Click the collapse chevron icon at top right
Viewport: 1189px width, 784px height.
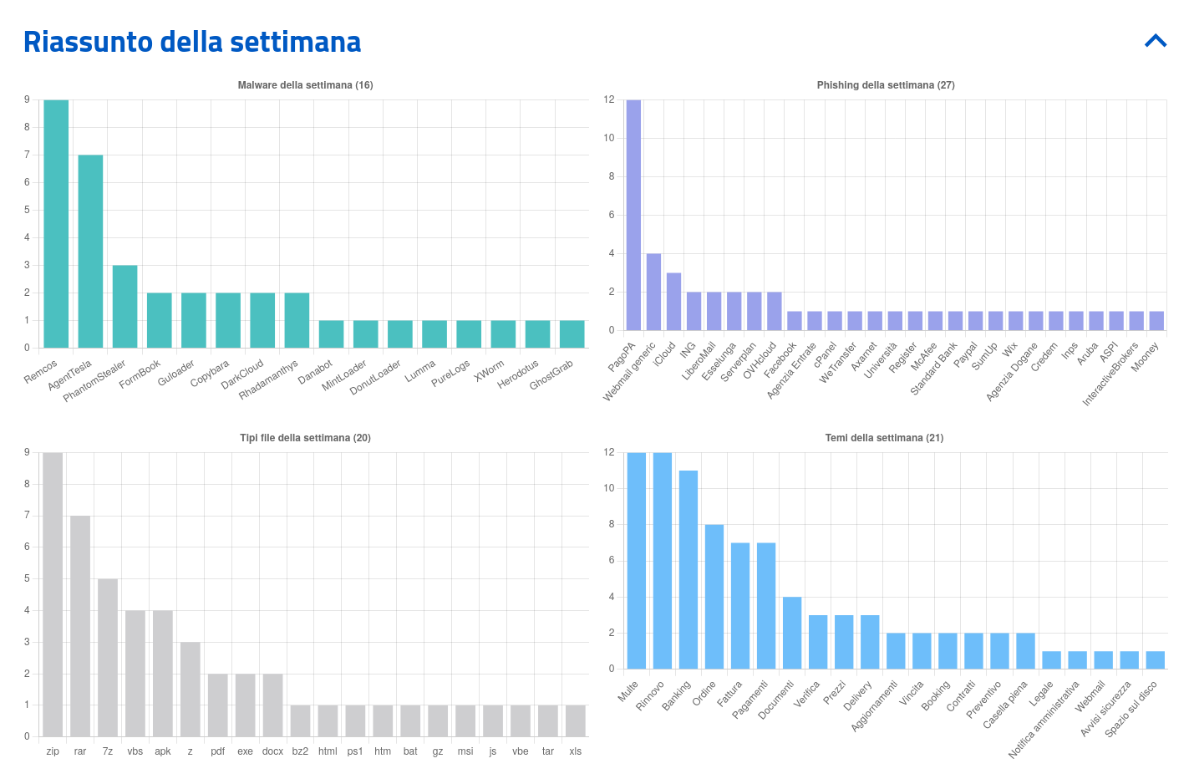pyautogui.click(x=1156, y=41)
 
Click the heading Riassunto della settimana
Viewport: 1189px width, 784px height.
pyautogui.click(x=192, y=42)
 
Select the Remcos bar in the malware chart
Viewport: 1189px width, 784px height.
pyautogui.click(x=56, y=224)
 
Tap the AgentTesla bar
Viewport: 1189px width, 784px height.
pyautogui.click(x=90, y=251)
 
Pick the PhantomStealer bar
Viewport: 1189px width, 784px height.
pyautogui.click(x=124, y=306)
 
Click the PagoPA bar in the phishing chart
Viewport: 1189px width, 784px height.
pyautogui.click(x=633, y=216)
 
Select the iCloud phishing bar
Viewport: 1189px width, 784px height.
pyautogui.click(x=673, y=302)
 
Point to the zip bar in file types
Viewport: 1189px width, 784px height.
pyautogui.click(x=53, y=594)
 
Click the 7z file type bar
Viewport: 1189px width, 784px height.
pyautogui.click(x=108, y=657)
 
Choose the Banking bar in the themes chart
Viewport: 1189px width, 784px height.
pyautogui.click(x=689, y=569)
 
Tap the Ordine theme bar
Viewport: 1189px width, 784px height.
pyautogui.click(x=714, y=596)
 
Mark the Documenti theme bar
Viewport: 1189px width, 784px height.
pyautogui.click(x=792, y=633)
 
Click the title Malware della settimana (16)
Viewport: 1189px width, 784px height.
pyautogui.click(x=305, y=85)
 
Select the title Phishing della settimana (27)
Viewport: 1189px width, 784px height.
pyautogui.click(x=886, y=85)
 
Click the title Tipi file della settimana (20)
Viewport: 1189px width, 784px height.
pyautogui.click(x=305, y=438)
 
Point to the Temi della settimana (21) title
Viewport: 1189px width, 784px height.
pyautogui.click(x=884, y=438)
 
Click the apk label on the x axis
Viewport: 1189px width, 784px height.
pyautogui.click(x=163, y=751)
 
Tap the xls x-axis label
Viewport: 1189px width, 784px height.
pyautogui.click(x=576, y=751)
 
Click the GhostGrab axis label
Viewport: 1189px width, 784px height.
pyautogui.click(x=552, y=374)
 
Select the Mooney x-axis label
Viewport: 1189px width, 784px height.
pyautogui.click(x=1146, y=358)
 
